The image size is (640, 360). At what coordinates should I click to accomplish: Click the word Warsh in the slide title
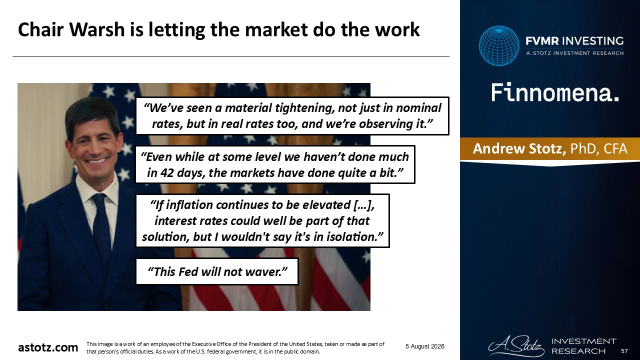point(97,29)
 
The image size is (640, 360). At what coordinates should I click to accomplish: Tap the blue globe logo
point(499,45)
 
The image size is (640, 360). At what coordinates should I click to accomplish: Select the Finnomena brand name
point(555,92)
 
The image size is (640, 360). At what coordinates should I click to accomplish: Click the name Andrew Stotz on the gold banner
point(519,148)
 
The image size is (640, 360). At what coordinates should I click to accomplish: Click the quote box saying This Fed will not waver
point(217,271)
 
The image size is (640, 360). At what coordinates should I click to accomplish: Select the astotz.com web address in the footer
point(48,347)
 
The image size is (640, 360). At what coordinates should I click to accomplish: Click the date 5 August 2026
point(425,346)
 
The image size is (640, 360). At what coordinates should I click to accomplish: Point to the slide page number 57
point(624,351)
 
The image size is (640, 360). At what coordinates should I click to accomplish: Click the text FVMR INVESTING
point(574,41)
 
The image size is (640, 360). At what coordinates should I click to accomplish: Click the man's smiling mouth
point(96,161)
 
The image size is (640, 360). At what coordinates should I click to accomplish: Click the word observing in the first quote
point(384,124)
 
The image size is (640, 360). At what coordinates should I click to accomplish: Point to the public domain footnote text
point(235,347)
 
